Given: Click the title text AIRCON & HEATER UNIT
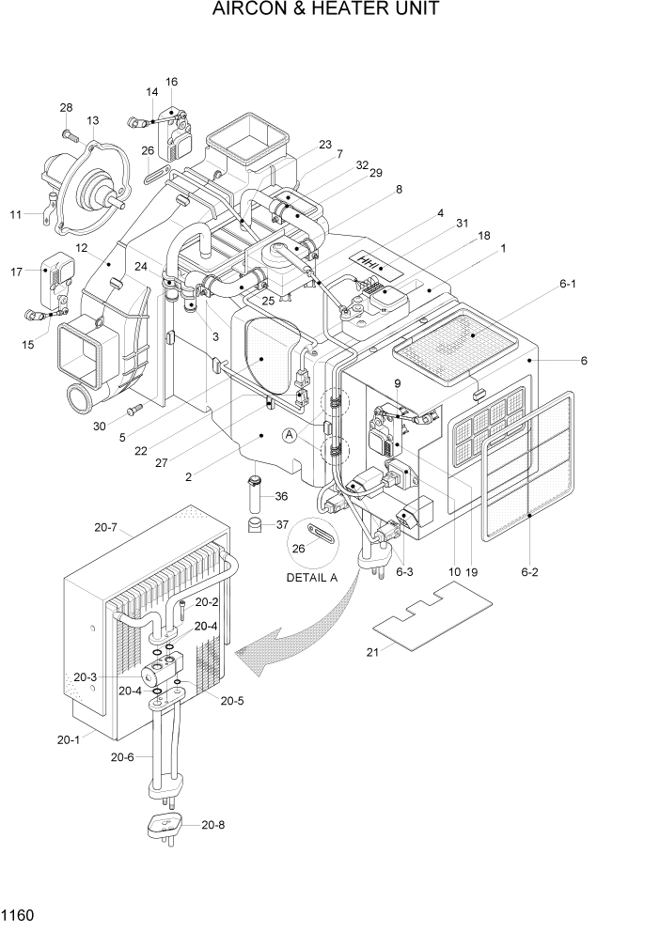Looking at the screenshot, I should (x=326, y=10).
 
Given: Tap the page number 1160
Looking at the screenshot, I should (x=18, y=913).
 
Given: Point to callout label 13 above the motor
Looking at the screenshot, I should (x=93, y=120).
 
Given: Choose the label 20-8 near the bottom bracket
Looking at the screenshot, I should (x=213, y=825).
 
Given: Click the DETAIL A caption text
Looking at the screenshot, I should (x=311, y=578).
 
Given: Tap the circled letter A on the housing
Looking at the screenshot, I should (x=291, y=435).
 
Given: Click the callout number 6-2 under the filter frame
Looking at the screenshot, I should (x=531, y=571).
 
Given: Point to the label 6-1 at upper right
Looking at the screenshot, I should (x=567, y=282).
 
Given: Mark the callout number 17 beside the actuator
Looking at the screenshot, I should (x=16, y=272).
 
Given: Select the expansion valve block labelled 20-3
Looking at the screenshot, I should (x=154, y=675).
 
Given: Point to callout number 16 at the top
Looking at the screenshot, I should (x=171, y=82).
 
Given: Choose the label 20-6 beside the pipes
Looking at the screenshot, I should (x=122, y=757).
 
